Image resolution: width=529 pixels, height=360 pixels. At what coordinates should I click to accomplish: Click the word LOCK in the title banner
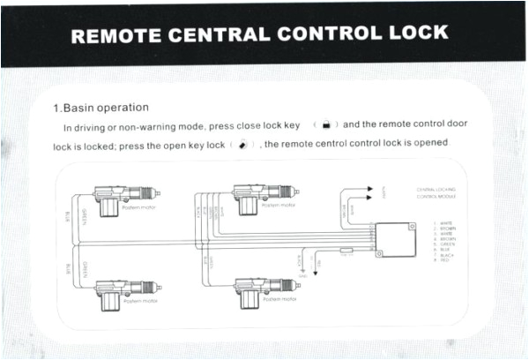click(414, 34)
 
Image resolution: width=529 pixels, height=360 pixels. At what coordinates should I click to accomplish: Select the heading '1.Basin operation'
click(101, 108)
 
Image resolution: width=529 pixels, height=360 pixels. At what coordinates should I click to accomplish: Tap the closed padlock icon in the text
click(327, 126)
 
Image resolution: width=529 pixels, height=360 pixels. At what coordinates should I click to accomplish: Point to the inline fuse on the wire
click(347, 251)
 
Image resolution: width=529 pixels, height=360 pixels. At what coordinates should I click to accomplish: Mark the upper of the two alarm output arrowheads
click(369, 188)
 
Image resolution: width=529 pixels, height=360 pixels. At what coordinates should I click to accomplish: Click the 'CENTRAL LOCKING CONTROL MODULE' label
click(435, 192)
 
